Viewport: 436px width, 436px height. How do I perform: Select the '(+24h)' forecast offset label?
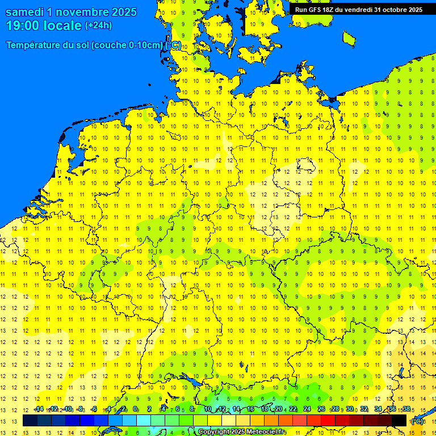click(x=98, y=26)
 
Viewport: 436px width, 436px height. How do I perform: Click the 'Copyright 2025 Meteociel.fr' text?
click(x=242, y=432)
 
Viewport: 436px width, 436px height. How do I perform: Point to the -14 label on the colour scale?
click(x=38, y=409)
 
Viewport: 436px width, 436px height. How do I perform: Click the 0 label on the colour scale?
click(x=135, y=409)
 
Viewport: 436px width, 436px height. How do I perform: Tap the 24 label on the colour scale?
click(x=307, y=409)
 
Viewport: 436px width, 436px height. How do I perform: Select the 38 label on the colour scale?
click(x=406, y=409)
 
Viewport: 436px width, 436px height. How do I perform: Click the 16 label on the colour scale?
click(x=250, y=409)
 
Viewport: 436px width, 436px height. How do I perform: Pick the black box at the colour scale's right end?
click(x=399, y=421)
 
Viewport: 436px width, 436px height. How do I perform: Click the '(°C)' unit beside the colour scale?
click(x=417, y=421)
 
